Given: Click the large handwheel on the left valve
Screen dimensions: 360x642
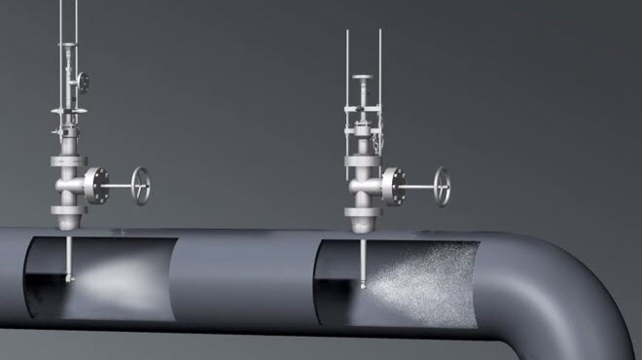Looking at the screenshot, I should coord(143,186).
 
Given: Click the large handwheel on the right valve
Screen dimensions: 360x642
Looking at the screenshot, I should coord(443,186).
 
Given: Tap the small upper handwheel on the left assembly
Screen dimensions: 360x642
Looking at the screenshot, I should coord(85,81).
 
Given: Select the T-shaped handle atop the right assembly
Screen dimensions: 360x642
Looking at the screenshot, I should coord(363,79).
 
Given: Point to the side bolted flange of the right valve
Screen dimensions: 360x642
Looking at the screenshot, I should coord(394,184).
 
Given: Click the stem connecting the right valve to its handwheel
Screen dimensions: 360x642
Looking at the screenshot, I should coord(419,186).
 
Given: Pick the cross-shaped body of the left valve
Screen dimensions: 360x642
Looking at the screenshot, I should coord(68,183).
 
